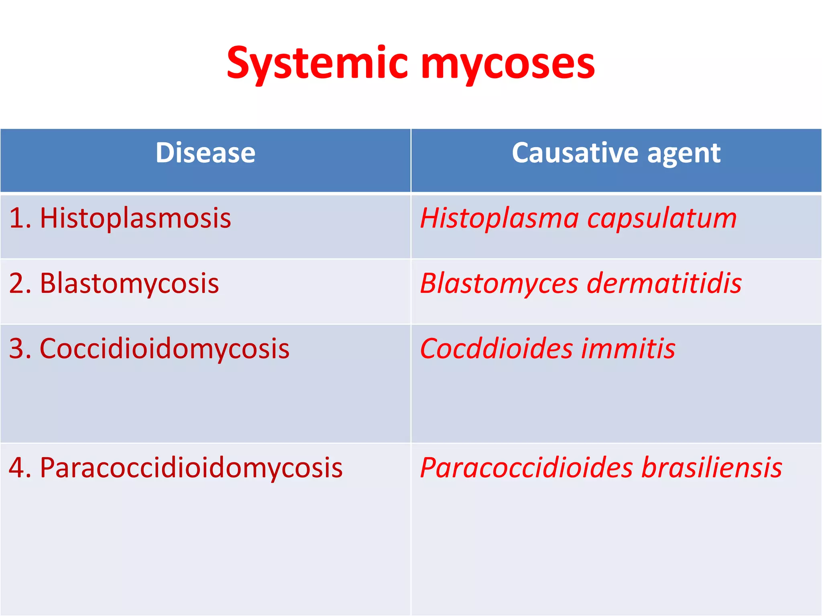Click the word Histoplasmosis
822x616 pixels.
(x=135, y=219)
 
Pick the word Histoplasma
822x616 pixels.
(x=499, y=219)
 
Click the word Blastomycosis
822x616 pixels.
(x=129, y=284)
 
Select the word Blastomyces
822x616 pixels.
(x=499, y=284)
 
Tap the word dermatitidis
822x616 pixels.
(x=664, y=283)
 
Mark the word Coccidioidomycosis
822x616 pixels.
(x=165, y=349)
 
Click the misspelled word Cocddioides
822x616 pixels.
(x=496, y=348)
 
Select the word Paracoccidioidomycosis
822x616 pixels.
(x=191, y=468)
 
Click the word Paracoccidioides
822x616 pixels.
(x=526, y=468)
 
